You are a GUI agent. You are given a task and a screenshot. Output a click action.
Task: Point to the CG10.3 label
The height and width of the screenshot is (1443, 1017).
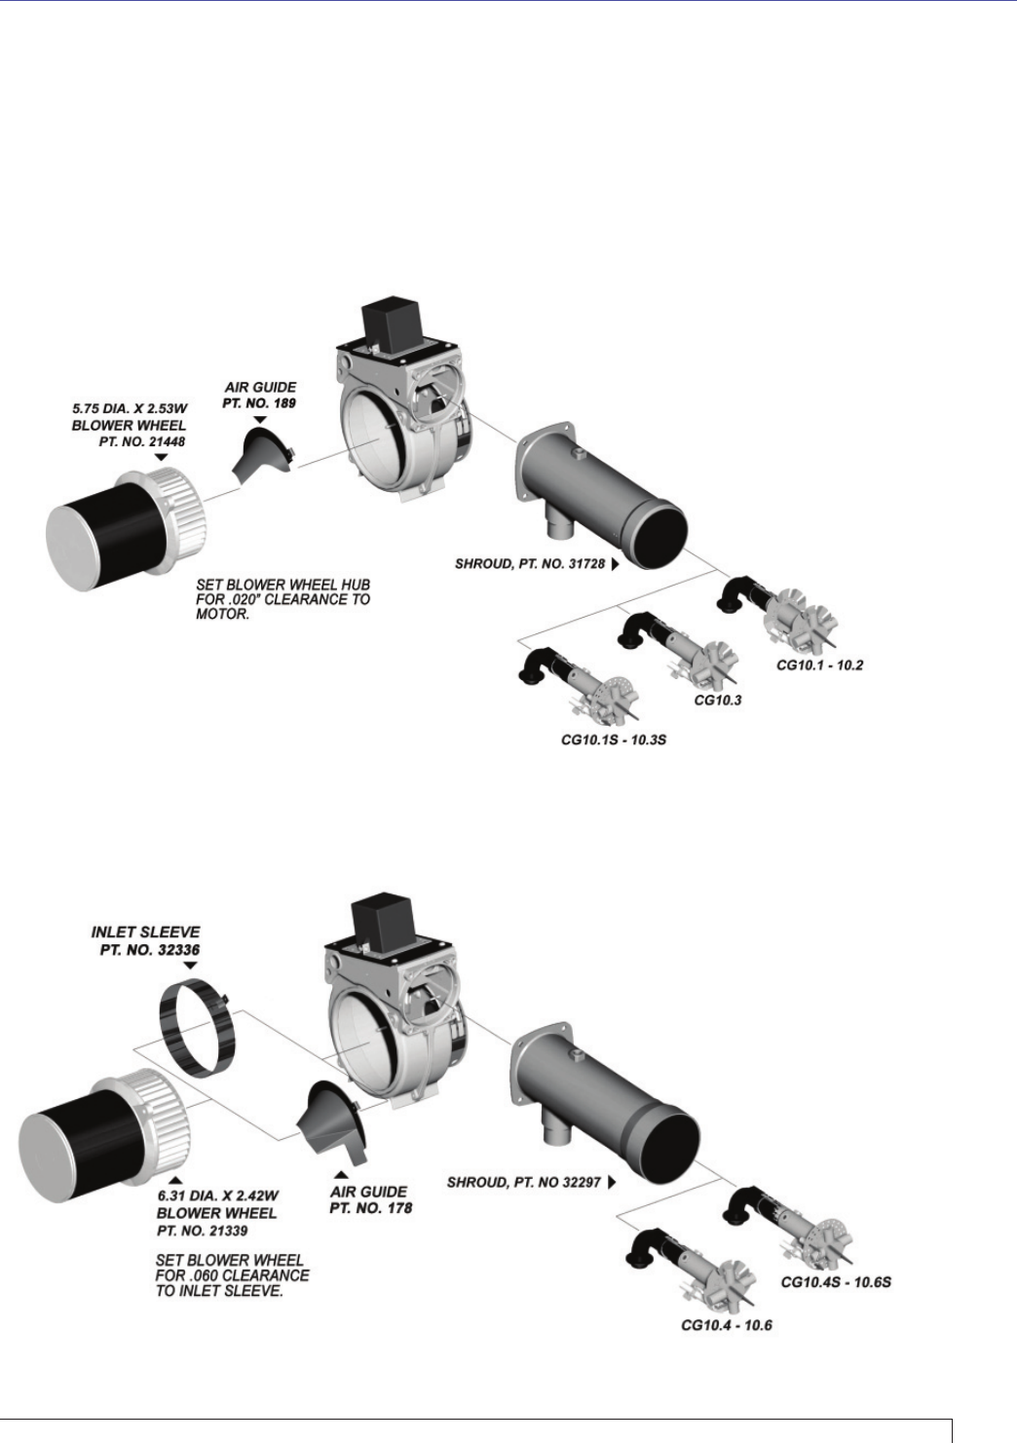pyautogui.click(x=717, y=700)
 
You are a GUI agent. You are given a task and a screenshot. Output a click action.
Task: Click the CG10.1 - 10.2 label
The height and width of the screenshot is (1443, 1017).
pyautogui.click(x=819, y=665)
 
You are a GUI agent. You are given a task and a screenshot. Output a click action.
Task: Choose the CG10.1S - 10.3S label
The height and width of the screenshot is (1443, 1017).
pyautogui.click(x=613, y=740)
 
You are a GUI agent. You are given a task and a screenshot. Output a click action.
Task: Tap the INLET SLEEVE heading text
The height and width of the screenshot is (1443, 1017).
pyautogui.click(x=145, y=931)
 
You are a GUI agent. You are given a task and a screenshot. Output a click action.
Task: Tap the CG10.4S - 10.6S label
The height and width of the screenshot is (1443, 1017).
pyautogui.click(x=836, y=1281)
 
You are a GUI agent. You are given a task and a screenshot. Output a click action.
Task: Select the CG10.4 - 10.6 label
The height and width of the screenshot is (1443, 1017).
pyautogui.click(x=726, y=1325)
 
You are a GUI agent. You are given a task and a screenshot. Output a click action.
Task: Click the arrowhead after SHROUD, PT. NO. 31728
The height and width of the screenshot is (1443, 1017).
pyautogui.click(x=615, y=563)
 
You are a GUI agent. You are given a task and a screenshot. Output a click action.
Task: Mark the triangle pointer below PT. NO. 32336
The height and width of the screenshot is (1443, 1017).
pyautogui.click(x=191, y=966)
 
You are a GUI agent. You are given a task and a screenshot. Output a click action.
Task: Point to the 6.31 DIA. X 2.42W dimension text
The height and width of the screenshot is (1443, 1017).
pyautogui.click(x=218, y=1196)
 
